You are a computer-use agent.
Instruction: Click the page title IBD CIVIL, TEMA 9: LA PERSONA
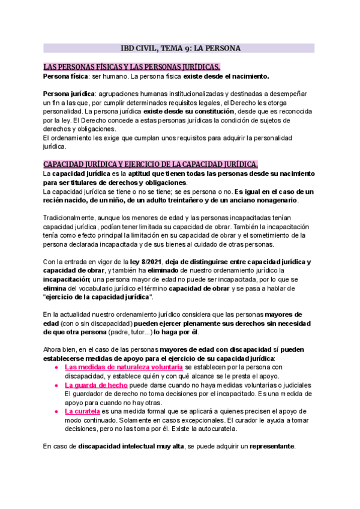pyautogui.click(x=180, y=48)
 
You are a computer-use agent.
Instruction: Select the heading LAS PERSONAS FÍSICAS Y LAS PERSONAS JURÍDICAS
pyautogui.click(x=132, y=67)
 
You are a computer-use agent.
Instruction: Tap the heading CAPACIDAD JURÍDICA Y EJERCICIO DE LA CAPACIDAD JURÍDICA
pyautogui.click(x=151, y=164)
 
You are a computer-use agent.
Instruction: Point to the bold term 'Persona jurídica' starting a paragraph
pyautogui.click(x=69, y=94)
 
